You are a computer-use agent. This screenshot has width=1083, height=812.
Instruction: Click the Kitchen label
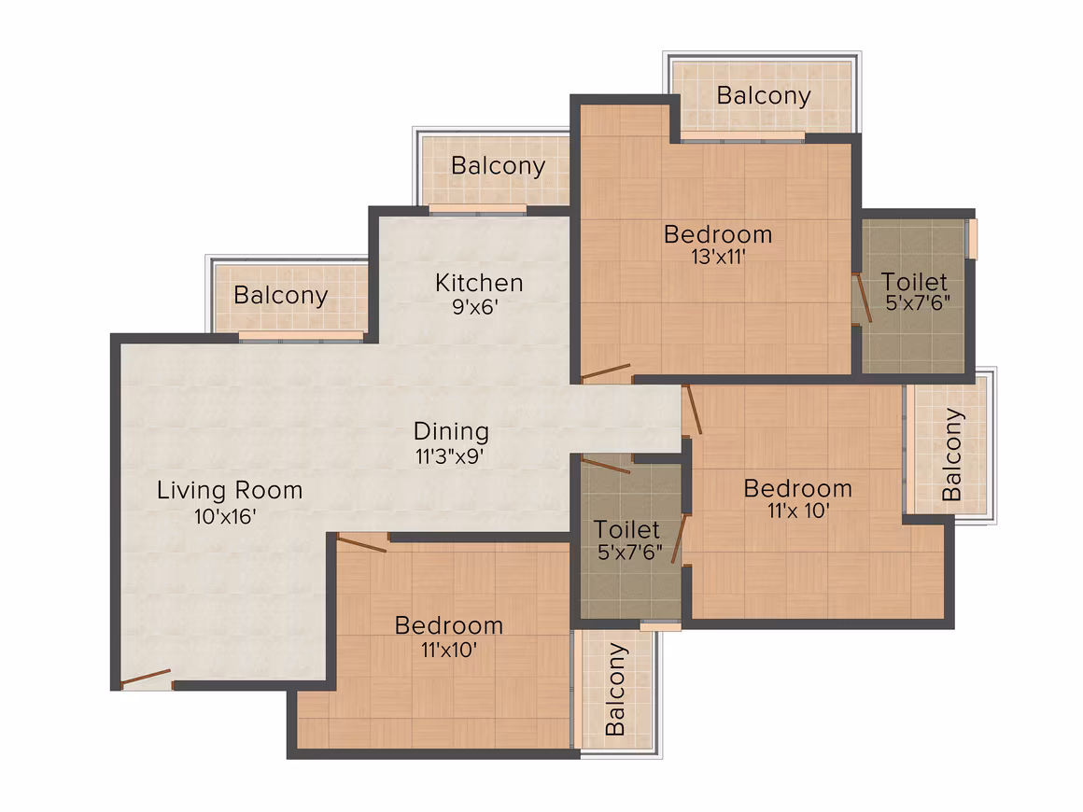click(x=479, y=283)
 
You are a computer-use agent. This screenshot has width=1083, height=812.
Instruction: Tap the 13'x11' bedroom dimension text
click(x=718, y=257)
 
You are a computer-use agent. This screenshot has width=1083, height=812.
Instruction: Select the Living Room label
click(x=230, y=490)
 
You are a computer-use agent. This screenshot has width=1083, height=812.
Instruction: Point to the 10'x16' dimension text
click(x=225, y=516)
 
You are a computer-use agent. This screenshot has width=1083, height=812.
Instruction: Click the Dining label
click(x=451, y=431)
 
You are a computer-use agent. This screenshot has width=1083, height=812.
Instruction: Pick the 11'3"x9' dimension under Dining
click(x=449, y=456)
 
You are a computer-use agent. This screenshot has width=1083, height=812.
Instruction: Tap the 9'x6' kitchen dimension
click(x=475, y=306)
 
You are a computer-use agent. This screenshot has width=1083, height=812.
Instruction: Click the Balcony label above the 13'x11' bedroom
click(x=763, y=96)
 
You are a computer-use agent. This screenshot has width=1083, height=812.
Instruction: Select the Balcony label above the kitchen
click(x=498, y=166)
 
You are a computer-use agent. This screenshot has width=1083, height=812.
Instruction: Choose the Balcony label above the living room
click(x=280, y=296)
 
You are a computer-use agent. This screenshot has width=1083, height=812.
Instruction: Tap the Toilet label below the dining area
click(x=626, y=529)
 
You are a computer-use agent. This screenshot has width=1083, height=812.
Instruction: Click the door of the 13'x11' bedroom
click(x=606, y=372)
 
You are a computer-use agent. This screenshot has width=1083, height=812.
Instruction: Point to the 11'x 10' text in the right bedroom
click(x=798, y=511)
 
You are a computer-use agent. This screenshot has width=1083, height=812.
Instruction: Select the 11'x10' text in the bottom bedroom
click(x=449, y=650)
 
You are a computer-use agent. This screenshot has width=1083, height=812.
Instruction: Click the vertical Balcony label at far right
click(x=951, y=455)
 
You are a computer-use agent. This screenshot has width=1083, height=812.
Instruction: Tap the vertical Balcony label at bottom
click(x=614, y=689)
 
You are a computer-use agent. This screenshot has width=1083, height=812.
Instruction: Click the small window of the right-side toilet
click(x=973, y=239)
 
